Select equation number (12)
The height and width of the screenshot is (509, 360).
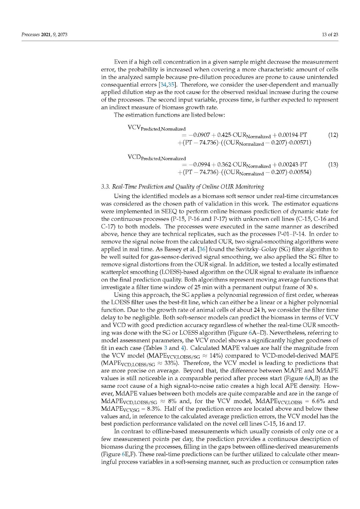[333, 135]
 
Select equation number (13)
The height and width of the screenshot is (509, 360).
[333, 164]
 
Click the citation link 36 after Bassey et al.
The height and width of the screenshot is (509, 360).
[202, 249]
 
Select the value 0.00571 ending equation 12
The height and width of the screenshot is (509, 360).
[301, 142]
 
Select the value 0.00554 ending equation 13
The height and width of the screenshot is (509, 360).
[301, 172]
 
